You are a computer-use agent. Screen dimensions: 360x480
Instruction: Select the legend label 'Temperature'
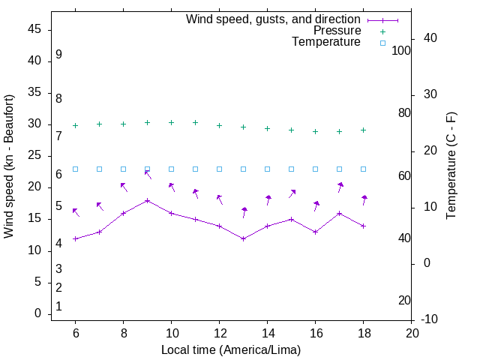(x=326, y=42)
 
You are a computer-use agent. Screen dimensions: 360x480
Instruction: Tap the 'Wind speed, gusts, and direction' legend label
(x=273, y=19)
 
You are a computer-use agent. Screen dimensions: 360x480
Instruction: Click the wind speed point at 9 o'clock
(x=147, y=200)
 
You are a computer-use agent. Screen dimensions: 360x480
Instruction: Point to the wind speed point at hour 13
(x=243, y=238)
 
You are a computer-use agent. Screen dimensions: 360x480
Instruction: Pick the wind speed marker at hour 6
(x=75, y=238)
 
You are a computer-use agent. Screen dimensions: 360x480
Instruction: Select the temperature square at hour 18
(x=363, y=169)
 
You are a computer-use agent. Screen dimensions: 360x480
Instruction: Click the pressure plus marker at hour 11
(x=195, y=122)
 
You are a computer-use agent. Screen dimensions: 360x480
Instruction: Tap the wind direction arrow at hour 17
(x=340, y=187)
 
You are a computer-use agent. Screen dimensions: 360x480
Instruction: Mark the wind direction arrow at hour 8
(x=124, y=187)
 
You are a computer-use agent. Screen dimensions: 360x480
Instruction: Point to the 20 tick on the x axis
(x=412, y=332)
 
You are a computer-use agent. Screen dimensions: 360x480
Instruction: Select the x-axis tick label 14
(x=267, y=332)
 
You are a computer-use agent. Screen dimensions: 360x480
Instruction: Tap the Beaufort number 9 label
(x=58, y=55)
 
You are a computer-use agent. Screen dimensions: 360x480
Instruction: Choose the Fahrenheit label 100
(x=401, y=50)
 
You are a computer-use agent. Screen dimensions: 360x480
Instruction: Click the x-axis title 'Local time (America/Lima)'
(x=231, y=349)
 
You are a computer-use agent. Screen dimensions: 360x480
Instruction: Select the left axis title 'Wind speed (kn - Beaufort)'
(x=9, y=166)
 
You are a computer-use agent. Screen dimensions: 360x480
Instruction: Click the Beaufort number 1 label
(x=58, y=306)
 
